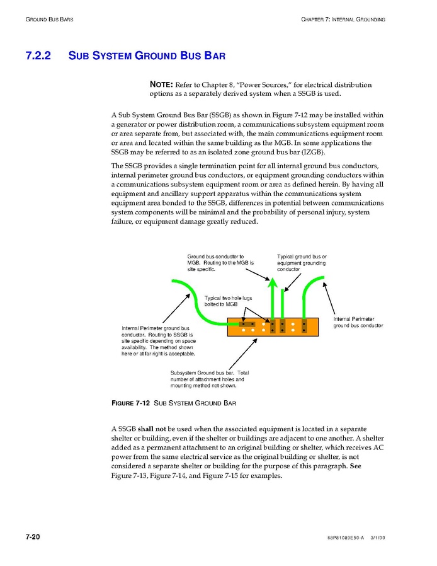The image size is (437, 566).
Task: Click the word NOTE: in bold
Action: (161, 84)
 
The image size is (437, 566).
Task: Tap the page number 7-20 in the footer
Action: (33, 537)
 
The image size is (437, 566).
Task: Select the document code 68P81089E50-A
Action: (345, 538)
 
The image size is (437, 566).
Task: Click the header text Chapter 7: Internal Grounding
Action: (343, 20)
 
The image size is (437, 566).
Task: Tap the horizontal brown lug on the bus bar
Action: (243, 324)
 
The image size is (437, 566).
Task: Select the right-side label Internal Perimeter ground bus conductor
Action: (358, 322)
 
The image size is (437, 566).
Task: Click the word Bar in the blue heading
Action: (213, 56)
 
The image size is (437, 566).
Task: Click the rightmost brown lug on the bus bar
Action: (304, 326)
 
